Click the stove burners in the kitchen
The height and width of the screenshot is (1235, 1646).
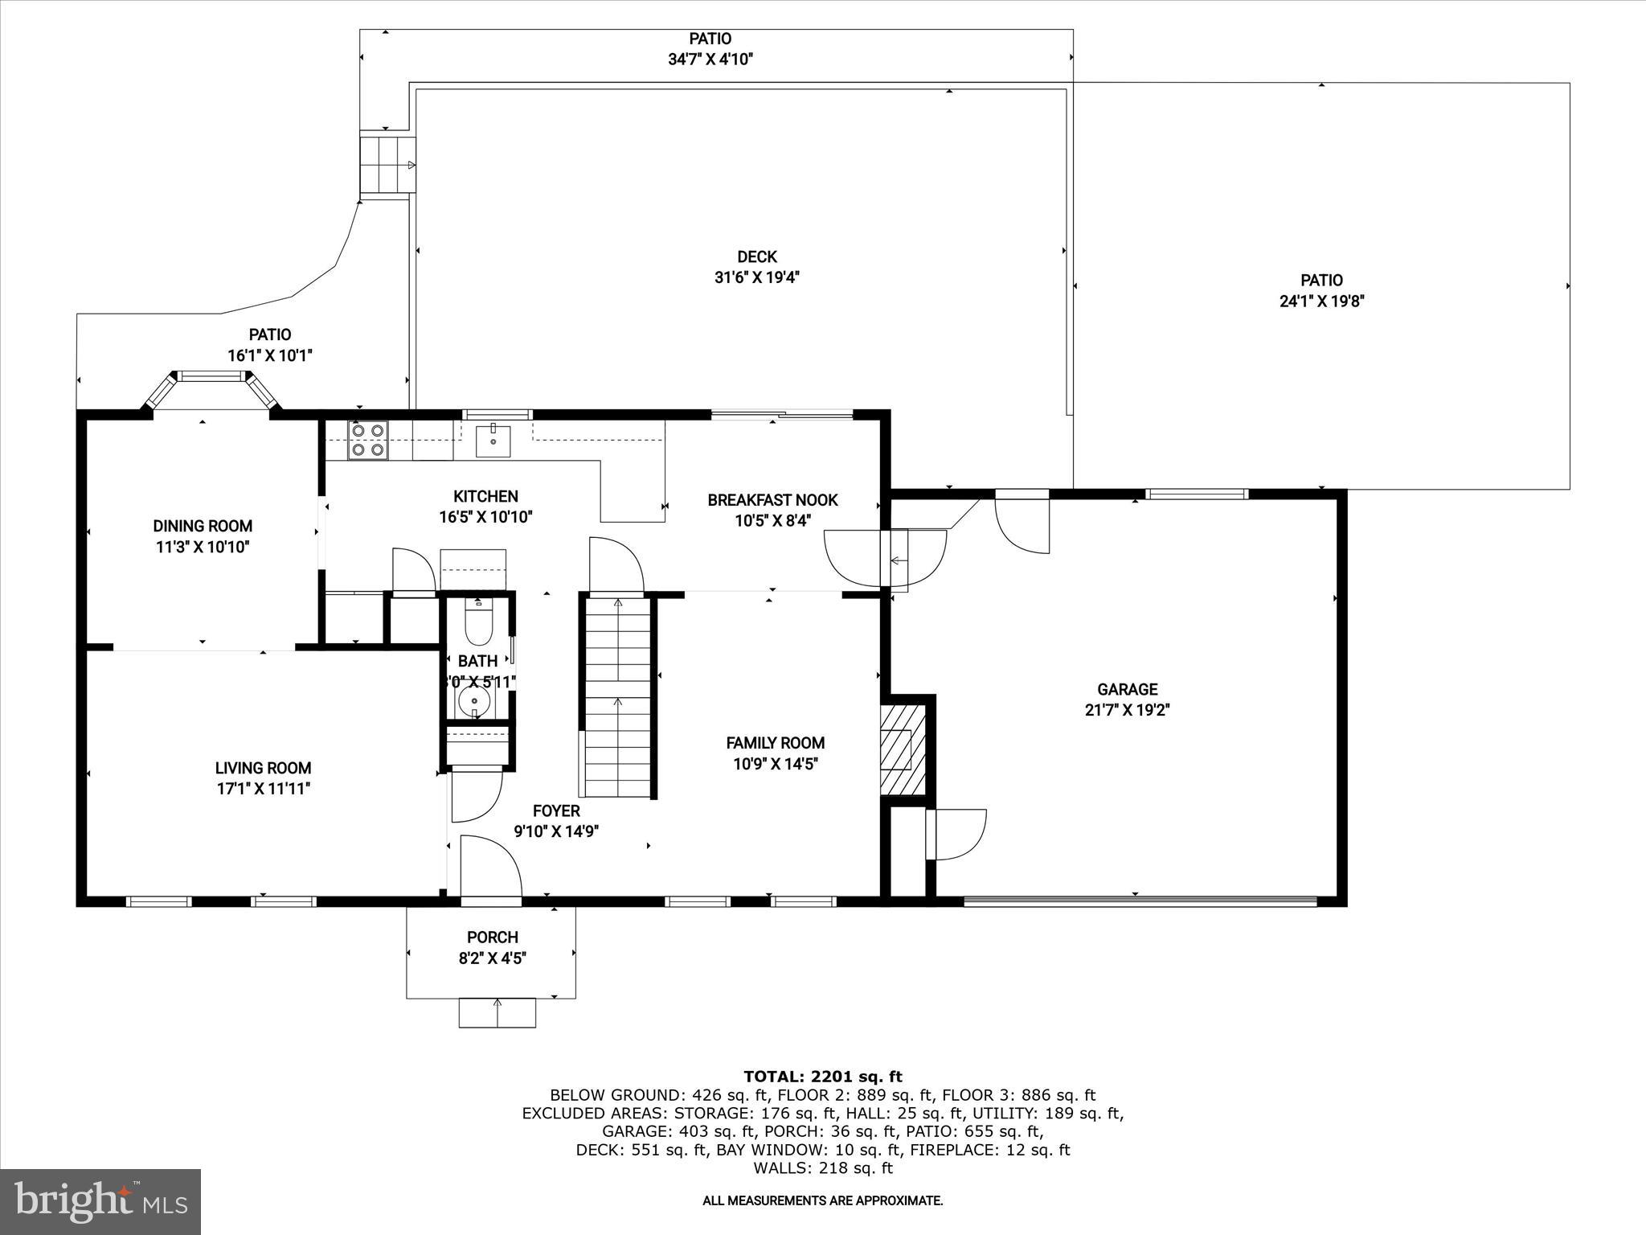[x=367, y=441]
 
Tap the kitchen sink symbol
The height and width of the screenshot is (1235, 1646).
[x=493, y=441]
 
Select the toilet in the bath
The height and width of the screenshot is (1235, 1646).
[x=478, y=626]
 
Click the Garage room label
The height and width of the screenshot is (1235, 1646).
[x=1127, y=689]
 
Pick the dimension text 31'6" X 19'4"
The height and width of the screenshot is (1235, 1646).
[x=757, y=277]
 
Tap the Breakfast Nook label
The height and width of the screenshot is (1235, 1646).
[x=772, y=500]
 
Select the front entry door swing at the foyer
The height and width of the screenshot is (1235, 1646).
[x=490, y=867]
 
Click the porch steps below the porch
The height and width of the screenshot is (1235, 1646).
[x=497, y=1012]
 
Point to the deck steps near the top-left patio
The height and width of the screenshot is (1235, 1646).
[x=387, y=165]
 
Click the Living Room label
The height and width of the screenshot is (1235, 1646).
[x=263, y=768]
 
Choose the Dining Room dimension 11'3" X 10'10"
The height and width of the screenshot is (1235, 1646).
[x=203, y=547]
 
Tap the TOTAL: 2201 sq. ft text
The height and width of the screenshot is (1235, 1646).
[x=822, y=1077]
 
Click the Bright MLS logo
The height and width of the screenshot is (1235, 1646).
[x=100, y=1201]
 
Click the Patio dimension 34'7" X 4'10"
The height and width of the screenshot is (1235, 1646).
[x=710, y=59]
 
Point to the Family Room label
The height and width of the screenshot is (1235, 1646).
[x=775, y=743]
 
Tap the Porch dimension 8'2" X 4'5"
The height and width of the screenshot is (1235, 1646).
[x=492, y=958]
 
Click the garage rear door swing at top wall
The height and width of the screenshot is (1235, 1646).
[x=1022, y=526]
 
